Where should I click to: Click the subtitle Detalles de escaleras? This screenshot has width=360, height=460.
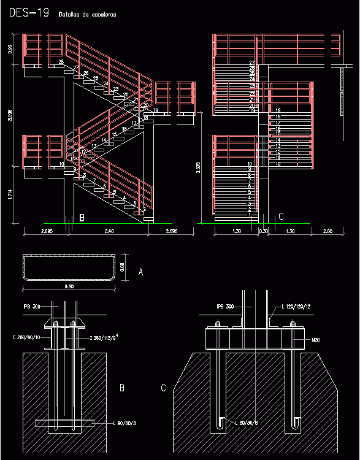[x=88, y=14]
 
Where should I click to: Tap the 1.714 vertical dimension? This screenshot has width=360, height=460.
[x=10, y=195]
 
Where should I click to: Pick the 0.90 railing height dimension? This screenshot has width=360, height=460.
[x=10, y=48]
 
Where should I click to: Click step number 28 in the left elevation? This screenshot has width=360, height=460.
[x=61, y=63]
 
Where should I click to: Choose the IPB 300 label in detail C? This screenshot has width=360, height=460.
[x=225, y=306]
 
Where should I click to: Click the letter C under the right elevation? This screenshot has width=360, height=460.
[x=281, y=217]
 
